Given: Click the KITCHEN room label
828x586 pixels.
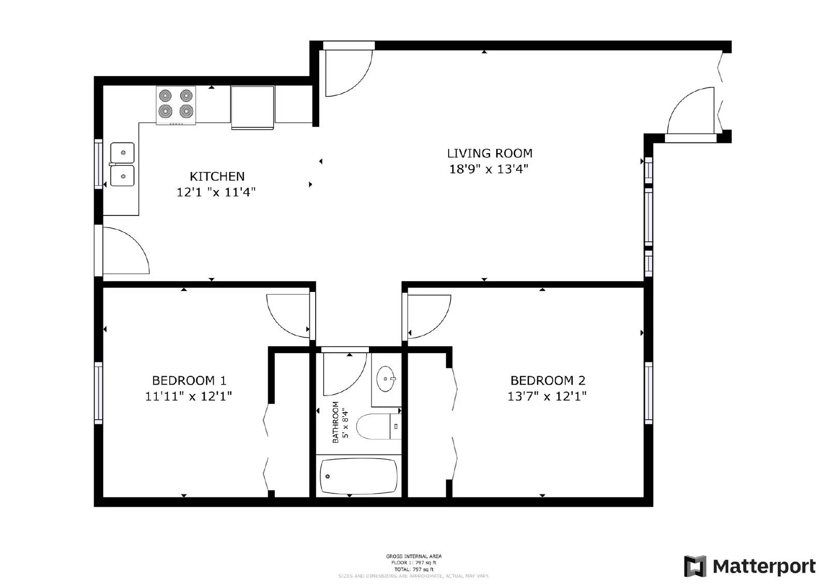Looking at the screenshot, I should (217, 177).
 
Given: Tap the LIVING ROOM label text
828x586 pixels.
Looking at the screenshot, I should (490, 153).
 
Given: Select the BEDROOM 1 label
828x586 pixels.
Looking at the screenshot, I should (189, 381).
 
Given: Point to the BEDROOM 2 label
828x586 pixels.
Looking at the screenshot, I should (548, 381).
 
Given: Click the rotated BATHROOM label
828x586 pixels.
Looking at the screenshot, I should (335, 422).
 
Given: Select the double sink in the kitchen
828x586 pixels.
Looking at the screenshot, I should (122, 164).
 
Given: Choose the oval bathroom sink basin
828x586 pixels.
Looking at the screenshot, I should (386, 378).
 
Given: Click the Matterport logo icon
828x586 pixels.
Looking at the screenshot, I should (695, 566).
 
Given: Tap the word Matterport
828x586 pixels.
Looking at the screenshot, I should (764, 566).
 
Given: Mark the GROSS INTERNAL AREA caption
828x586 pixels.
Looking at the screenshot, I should (413, 556).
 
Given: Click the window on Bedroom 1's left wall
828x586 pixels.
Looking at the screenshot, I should (98, 393).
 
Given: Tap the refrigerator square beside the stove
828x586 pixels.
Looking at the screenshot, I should (253, 107).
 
